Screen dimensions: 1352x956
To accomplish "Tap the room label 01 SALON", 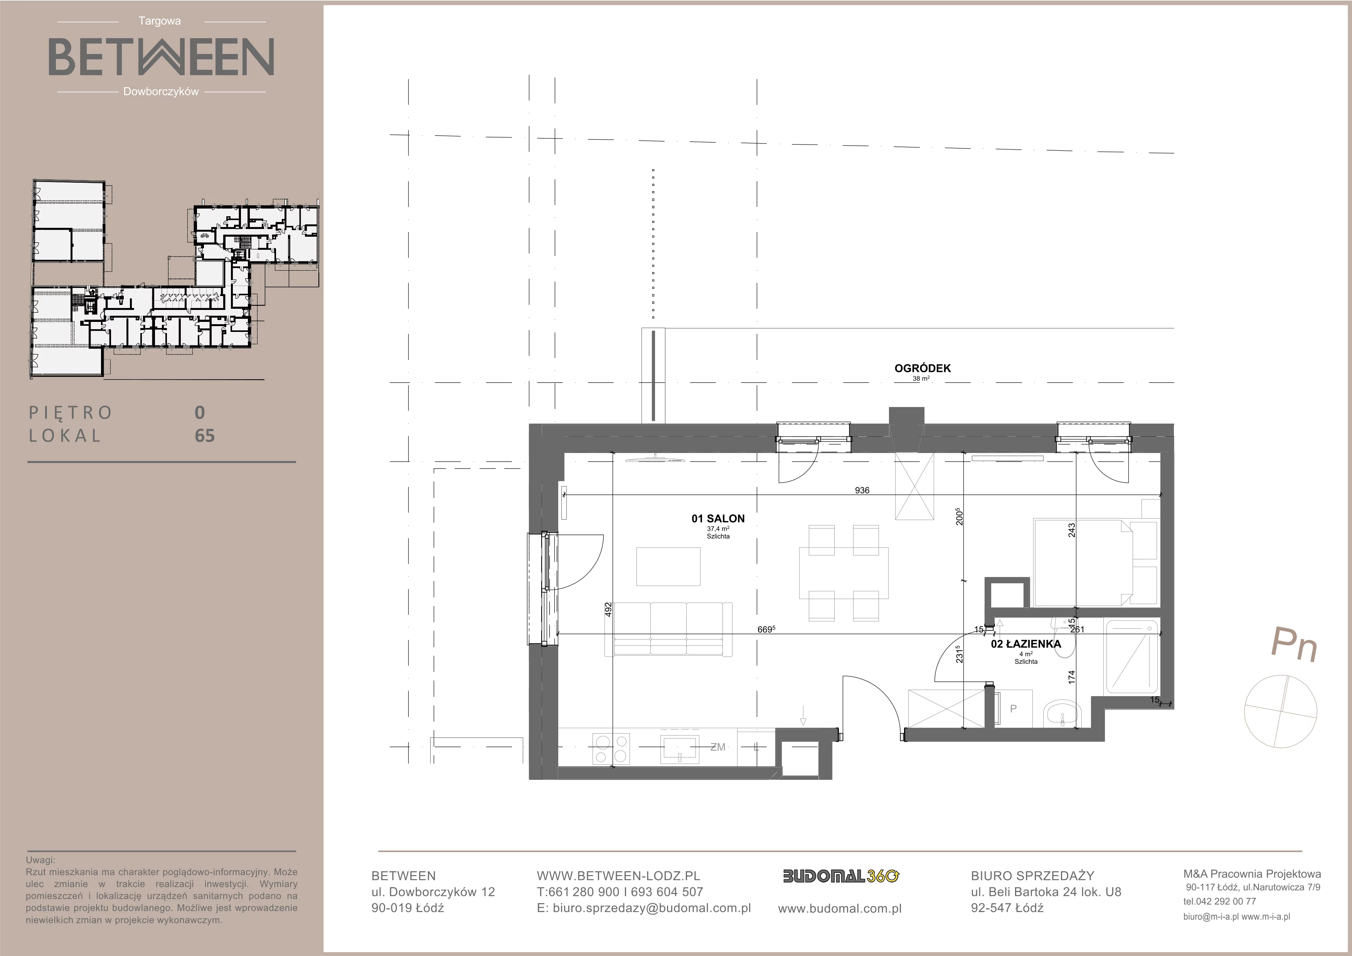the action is [x=718, y=518].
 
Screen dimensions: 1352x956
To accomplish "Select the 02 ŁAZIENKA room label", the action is [x=1026, y=644].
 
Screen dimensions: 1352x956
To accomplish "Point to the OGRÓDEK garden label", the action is [x=923, y=369].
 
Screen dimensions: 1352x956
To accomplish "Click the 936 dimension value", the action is [x=862, y=490].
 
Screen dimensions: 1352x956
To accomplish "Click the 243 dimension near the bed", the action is [x=1072, y=530].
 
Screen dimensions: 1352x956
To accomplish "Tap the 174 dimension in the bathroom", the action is [x=1072, y=678].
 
